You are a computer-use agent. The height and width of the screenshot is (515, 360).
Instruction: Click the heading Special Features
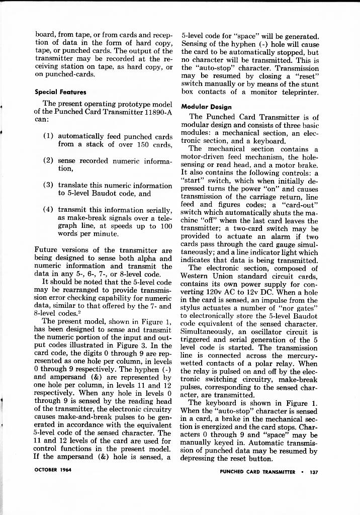(60, 92)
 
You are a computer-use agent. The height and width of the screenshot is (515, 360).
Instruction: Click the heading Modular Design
(206, 107)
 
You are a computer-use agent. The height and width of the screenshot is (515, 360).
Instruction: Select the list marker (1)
(50, 136)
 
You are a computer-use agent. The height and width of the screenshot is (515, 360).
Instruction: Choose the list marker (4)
(50, 209)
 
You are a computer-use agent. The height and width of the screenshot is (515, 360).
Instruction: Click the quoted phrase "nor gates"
(301, 308)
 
